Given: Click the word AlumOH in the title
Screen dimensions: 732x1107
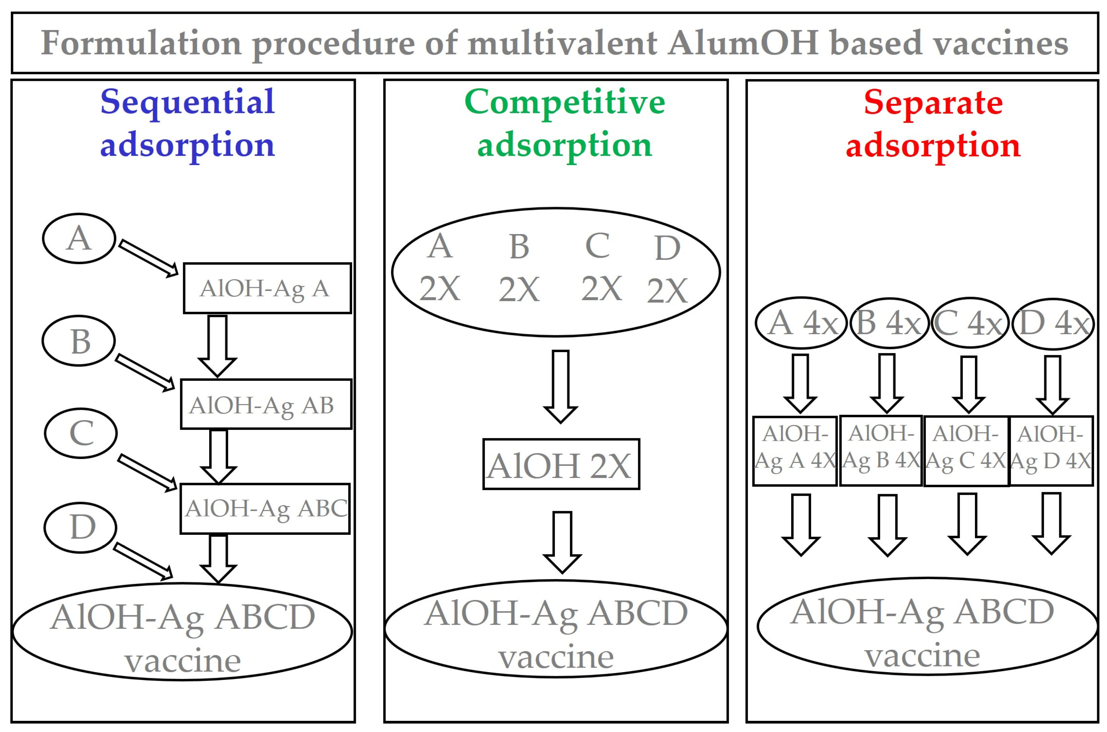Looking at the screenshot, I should [743, 43].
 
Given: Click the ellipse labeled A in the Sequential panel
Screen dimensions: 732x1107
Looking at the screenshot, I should [79, 238].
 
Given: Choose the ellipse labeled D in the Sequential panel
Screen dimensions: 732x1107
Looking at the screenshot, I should [80, 528].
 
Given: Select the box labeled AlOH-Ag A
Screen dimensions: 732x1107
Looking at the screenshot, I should [267, 288].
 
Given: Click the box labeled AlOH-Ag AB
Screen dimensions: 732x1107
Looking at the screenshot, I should [266, 404].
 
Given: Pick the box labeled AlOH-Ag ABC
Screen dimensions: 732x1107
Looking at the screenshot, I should [265, 508].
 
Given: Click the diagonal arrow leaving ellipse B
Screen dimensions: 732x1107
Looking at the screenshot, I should [145, 372].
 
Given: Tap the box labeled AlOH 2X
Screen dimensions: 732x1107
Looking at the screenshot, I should [561, 464].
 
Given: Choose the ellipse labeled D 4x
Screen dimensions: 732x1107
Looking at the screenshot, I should [1053, 323].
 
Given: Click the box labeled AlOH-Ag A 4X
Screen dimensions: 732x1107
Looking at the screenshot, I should [795, 451].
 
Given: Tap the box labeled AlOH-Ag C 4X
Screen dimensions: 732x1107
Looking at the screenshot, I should [966, 451].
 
